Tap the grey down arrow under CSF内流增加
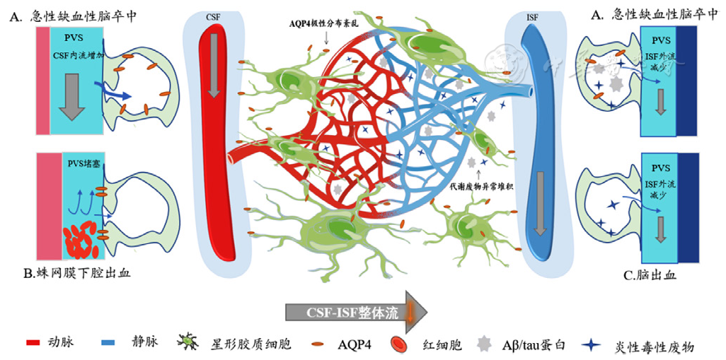[x=72, y=97]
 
